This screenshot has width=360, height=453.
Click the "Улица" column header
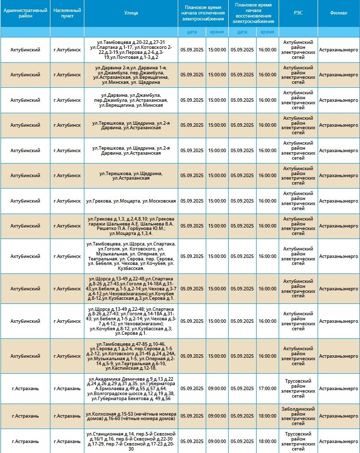131,13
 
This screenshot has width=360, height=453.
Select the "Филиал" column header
339,13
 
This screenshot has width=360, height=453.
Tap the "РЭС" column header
298,13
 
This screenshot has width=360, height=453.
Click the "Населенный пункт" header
67,13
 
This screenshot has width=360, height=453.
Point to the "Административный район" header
25,13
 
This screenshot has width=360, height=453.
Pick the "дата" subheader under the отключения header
192,32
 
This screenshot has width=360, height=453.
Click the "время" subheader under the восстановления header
267,32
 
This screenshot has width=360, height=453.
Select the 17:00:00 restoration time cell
267,388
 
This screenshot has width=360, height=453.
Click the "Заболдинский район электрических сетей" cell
298,416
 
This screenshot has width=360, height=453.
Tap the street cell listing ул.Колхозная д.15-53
131,416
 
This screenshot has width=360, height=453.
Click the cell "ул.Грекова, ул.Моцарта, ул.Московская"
131,201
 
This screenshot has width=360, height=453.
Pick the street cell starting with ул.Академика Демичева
131,388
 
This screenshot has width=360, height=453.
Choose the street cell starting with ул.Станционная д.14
131,441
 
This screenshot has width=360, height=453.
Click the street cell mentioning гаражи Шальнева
131,226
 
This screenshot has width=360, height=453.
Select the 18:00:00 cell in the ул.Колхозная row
267,416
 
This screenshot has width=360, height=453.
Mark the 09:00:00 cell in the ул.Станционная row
217,441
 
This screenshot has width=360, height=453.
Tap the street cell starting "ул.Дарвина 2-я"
131,75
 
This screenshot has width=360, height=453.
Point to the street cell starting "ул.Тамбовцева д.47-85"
131,356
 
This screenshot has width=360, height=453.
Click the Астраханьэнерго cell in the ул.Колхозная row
339,416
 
